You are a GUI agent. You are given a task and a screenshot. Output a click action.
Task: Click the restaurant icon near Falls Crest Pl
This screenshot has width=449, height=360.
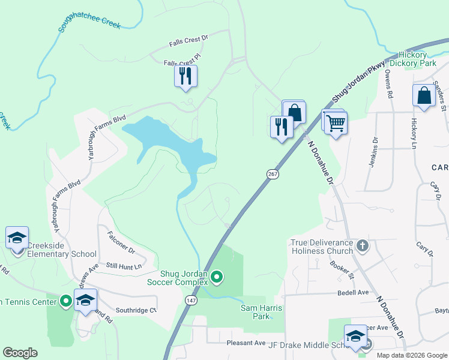pyautogui.click(x=185, y=76)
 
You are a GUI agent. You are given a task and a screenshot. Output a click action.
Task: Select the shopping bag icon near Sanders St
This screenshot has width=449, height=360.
pyautogui.click(x=424, y=95)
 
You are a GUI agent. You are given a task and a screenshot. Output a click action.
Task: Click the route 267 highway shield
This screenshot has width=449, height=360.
pyautogui.click(x=272, y=173)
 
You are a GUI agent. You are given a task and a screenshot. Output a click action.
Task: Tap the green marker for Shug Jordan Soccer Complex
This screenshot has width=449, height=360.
pyautogui.click(x=217, y=277)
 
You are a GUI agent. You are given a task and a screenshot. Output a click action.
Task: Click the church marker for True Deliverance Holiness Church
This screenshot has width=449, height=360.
pyautogui.click(x=362, y=245)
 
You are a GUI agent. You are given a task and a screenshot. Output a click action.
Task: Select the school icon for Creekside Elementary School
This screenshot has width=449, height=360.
pyautogui.click(x=17, y=238)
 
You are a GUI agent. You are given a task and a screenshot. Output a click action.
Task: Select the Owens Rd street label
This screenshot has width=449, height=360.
pyautogui.click(x=389, y=83)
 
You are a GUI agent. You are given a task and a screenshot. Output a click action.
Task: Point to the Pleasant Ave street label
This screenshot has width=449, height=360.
pyautogui.click(x=246, y=343)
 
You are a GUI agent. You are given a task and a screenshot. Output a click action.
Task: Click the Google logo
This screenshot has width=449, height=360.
pyautogui.click(x=20, y=352)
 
